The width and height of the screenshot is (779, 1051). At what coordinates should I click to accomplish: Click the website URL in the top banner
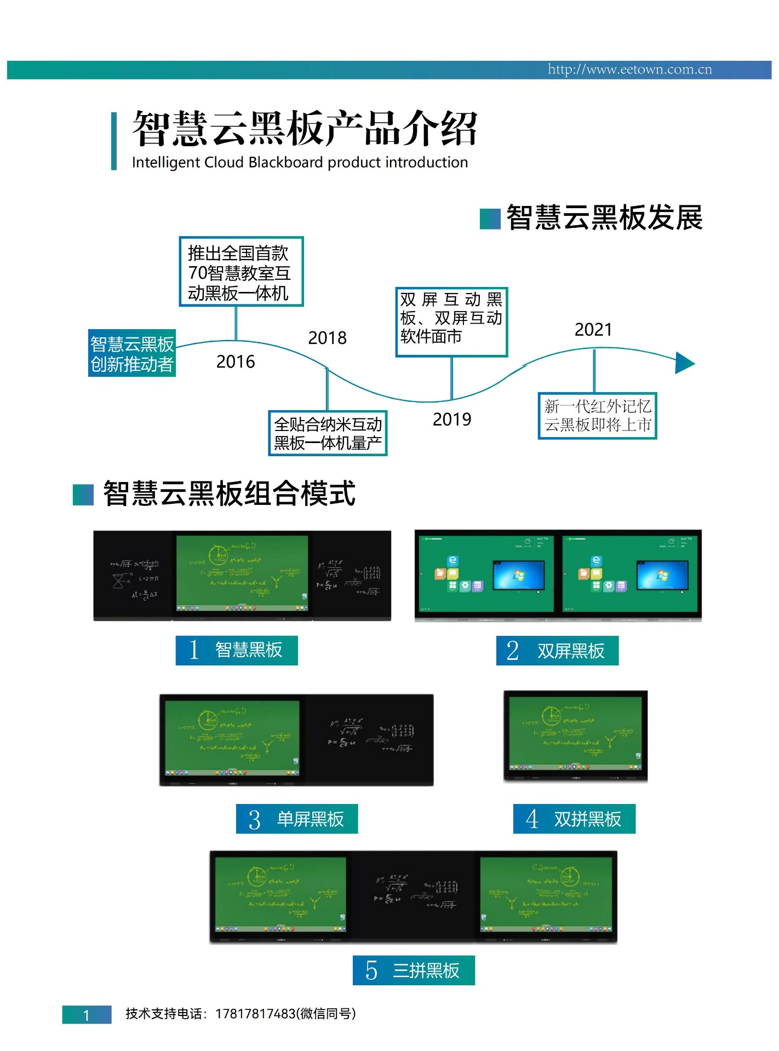(629, 70)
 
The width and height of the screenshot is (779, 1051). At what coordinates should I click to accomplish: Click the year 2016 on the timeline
(236, 362)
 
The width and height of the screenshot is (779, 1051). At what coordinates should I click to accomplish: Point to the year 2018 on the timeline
(327, 338)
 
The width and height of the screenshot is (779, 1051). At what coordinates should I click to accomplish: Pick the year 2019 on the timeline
(451, 420)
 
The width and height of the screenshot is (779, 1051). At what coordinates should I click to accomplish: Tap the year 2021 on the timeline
(593, 330)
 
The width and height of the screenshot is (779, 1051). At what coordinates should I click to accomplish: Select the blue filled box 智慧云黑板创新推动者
(132, 353)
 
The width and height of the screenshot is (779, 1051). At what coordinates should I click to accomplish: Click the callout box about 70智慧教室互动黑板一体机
(241, 272)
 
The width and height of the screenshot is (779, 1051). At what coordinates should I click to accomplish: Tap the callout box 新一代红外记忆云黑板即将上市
(597, 416)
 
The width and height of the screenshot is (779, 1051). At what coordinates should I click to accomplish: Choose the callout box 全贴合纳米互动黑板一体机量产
(328, 433)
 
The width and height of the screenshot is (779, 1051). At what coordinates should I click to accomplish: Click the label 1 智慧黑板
(237, 650)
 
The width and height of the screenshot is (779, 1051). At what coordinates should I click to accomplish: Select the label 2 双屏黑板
(557, 651)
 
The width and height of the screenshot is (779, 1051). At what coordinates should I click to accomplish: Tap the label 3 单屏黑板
(297, 819)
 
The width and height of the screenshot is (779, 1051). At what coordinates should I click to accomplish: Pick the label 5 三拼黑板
(414, 970)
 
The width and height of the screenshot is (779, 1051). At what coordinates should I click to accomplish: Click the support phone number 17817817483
(255, 1014)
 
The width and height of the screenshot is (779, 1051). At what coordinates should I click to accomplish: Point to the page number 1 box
(87, 1015)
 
